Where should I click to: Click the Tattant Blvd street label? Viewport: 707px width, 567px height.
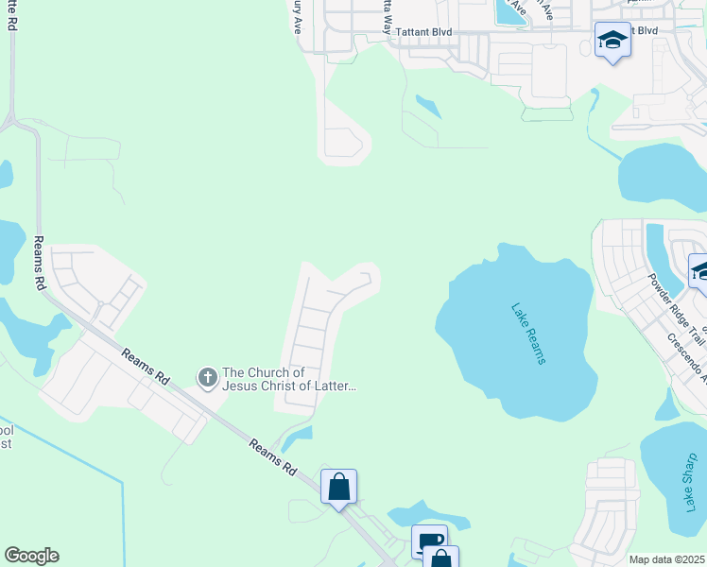pos(423,31)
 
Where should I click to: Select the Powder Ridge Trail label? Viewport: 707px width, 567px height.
pos(676,308)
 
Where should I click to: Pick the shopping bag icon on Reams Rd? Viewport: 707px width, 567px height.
pos(338,488)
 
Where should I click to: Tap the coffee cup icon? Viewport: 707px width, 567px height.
pos(429,541)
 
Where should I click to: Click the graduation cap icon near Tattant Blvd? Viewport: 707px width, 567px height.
pos(612,41)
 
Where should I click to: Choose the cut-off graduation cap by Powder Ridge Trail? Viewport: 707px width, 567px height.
pos(699,272)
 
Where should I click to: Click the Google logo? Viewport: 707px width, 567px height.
pos(31,556)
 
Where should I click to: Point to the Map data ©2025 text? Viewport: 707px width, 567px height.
pos(667,559)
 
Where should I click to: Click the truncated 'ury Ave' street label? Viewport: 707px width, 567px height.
pos(297,17)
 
